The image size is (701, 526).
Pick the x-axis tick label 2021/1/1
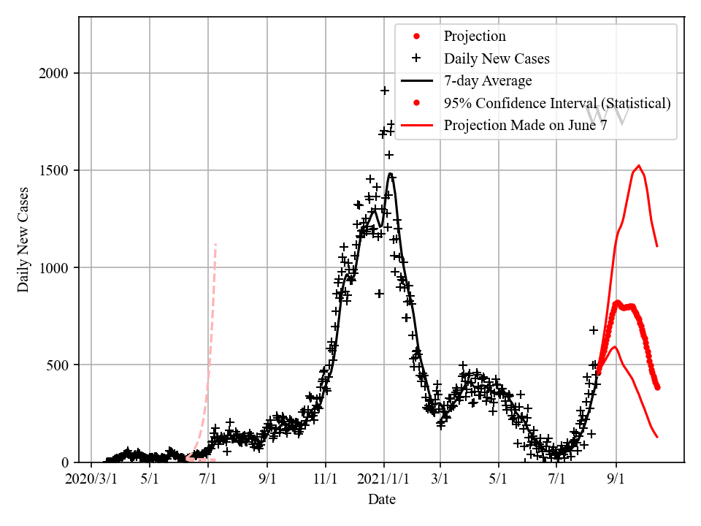pos(384,480)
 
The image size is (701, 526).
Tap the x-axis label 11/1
pos(326,480)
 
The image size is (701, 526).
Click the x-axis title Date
pos(382,500)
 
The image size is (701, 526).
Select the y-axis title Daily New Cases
pos(24,240)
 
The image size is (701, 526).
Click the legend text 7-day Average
pos(488,80)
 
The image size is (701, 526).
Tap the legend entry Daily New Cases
pos(497,58)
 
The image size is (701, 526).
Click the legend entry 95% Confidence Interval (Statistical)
pos(557,103)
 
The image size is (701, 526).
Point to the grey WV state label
pos(608,115)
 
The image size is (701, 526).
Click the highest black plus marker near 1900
pos(385,91)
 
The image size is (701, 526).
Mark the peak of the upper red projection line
pos(639,166)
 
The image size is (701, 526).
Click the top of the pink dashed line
pos(215,244)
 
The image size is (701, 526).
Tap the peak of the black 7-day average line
pos(390,174)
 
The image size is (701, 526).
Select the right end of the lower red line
pos(657,437)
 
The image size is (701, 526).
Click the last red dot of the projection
pos(657,387)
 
